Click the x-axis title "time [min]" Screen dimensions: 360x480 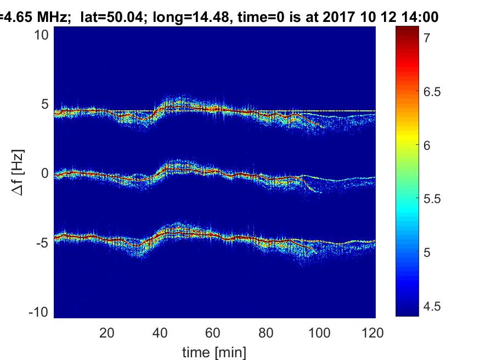click(214, 351)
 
